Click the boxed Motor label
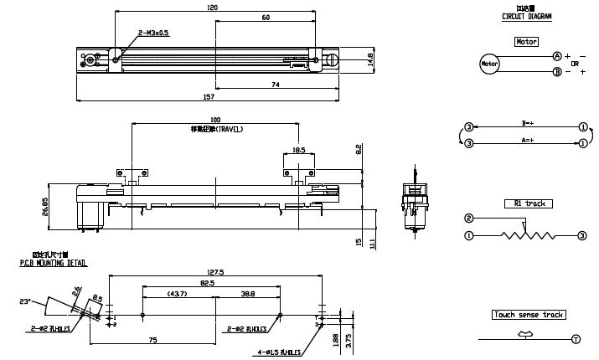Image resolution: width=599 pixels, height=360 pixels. (x=527, y=41)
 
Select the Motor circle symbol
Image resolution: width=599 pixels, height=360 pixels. (x=488, y=63)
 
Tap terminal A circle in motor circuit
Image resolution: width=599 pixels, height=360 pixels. (x=556, y=55)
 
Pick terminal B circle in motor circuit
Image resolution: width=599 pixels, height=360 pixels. (x=556, y=72)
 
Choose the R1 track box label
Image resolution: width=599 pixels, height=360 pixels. (x=528, y=203)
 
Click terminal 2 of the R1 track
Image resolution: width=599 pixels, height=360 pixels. (x=468, y=219)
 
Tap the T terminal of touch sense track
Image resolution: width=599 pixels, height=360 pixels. (x=576, y=339)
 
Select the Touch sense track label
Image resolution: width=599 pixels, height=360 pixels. (x=529, y=315)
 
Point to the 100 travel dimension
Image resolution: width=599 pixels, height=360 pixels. (x=215, y=121)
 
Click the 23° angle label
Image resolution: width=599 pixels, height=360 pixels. (x=24, y=301)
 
